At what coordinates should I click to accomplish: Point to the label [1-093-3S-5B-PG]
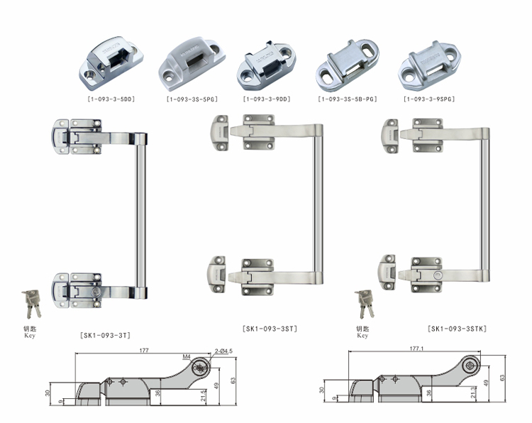tap(348, 100)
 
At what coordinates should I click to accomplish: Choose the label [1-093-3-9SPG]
tap(430, 100)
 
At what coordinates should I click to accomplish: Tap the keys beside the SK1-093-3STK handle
tap(364, 302)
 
